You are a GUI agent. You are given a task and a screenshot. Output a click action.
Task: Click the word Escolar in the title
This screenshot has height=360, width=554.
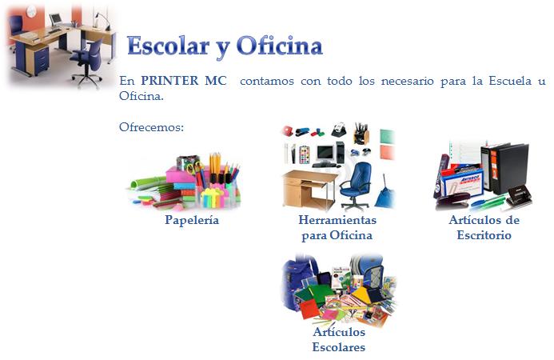(168, 46)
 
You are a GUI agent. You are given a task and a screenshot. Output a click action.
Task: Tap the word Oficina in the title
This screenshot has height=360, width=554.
(280, 46)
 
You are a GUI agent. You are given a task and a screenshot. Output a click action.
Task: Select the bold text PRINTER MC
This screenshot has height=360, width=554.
(184, 81)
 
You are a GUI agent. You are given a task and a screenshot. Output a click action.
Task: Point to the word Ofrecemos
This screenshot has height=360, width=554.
(152, 127)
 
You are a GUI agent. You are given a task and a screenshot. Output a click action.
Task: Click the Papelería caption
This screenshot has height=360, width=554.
(192, 220)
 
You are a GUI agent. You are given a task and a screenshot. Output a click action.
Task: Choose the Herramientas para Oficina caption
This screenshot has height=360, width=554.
(337, 227)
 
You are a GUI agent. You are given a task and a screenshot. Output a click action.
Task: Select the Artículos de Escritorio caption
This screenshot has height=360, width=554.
(484, 227)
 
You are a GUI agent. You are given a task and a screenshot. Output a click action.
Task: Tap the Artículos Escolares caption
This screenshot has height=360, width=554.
(339, 339)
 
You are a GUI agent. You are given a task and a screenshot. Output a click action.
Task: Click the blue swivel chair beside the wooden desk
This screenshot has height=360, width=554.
(356, 186)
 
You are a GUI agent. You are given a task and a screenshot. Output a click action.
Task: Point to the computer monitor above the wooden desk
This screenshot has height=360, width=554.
(325, 153)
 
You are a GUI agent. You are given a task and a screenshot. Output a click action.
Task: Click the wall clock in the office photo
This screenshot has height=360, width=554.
(31, 11)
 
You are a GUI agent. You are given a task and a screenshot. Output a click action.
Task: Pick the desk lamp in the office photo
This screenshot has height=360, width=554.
(102, 20)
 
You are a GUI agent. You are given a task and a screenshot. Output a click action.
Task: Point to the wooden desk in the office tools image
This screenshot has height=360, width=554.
(309, 189)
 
